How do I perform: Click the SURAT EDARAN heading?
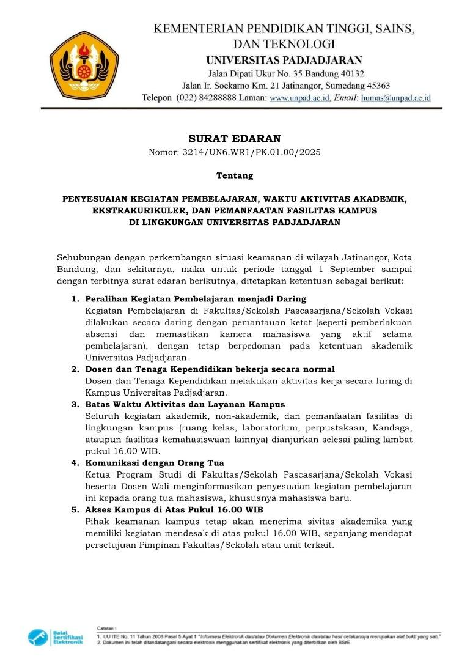tap(235, 139)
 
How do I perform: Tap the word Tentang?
tap(235, 175)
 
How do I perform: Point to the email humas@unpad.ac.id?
tap(395, 98)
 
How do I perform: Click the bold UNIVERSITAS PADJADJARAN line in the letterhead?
tap(284, 60)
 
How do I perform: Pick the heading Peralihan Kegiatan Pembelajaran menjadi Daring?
tap(196, 299)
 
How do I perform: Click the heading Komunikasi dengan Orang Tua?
tap(155, 463)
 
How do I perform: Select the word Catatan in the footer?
tap(106, 628)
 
